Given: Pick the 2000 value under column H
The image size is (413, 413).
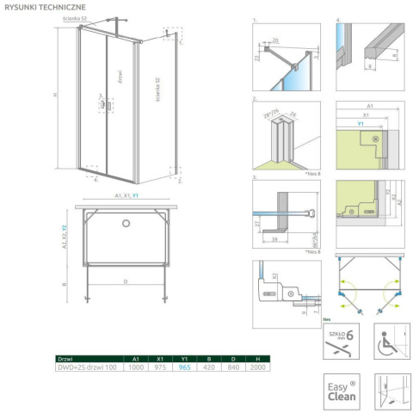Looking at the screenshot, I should [x=259, y=367].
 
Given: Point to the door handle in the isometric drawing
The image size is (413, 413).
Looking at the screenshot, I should [x=104, y=104].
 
